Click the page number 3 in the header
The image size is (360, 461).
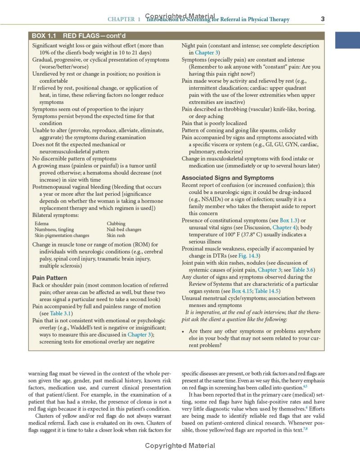pyautogui.click(x=323, y=19)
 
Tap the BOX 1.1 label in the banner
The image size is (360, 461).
pyautogui.click(x=45, y=36)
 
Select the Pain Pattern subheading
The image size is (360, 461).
pyautogui.click(x=49, y=278)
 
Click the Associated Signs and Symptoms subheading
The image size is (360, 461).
pyautogui.click(x=228, y=178)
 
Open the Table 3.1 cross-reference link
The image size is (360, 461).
pyautogui.click(x=61, y=314)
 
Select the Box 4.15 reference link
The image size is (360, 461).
pyautogui.click(x=242, y=291)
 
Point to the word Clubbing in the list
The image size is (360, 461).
pyautogui.click(x=116, y=224)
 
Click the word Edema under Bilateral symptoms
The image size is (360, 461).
pyautogui.click(x=41, y=224)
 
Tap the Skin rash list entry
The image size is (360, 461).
pyautogui.click(x=116, y=235)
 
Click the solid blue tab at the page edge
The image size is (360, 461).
pyautogui.click(x=347, y=40)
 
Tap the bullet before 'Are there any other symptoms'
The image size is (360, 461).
pyautogui.click(x=183, y=331)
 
